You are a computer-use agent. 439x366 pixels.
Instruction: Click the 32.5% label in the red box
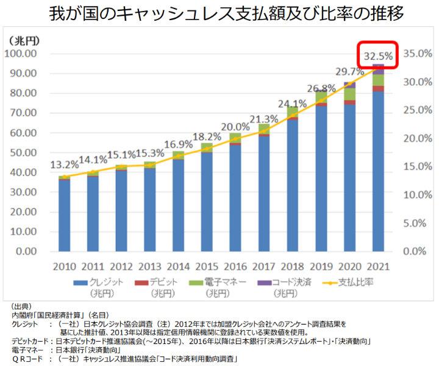point(378,57)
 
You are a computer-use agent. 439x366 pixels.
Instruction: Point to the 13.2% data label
point(64,165)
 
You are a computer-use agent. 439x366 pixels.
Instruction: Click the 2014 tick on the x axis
point(178,267)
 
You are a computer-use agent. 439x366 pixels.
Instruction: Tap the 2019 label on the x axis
point(321,267)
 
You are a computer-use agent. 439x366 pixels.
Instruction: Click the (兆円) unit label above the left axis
point(25,41)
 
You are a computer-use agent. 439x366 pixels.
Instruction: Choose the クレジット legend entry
point(101,282)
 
